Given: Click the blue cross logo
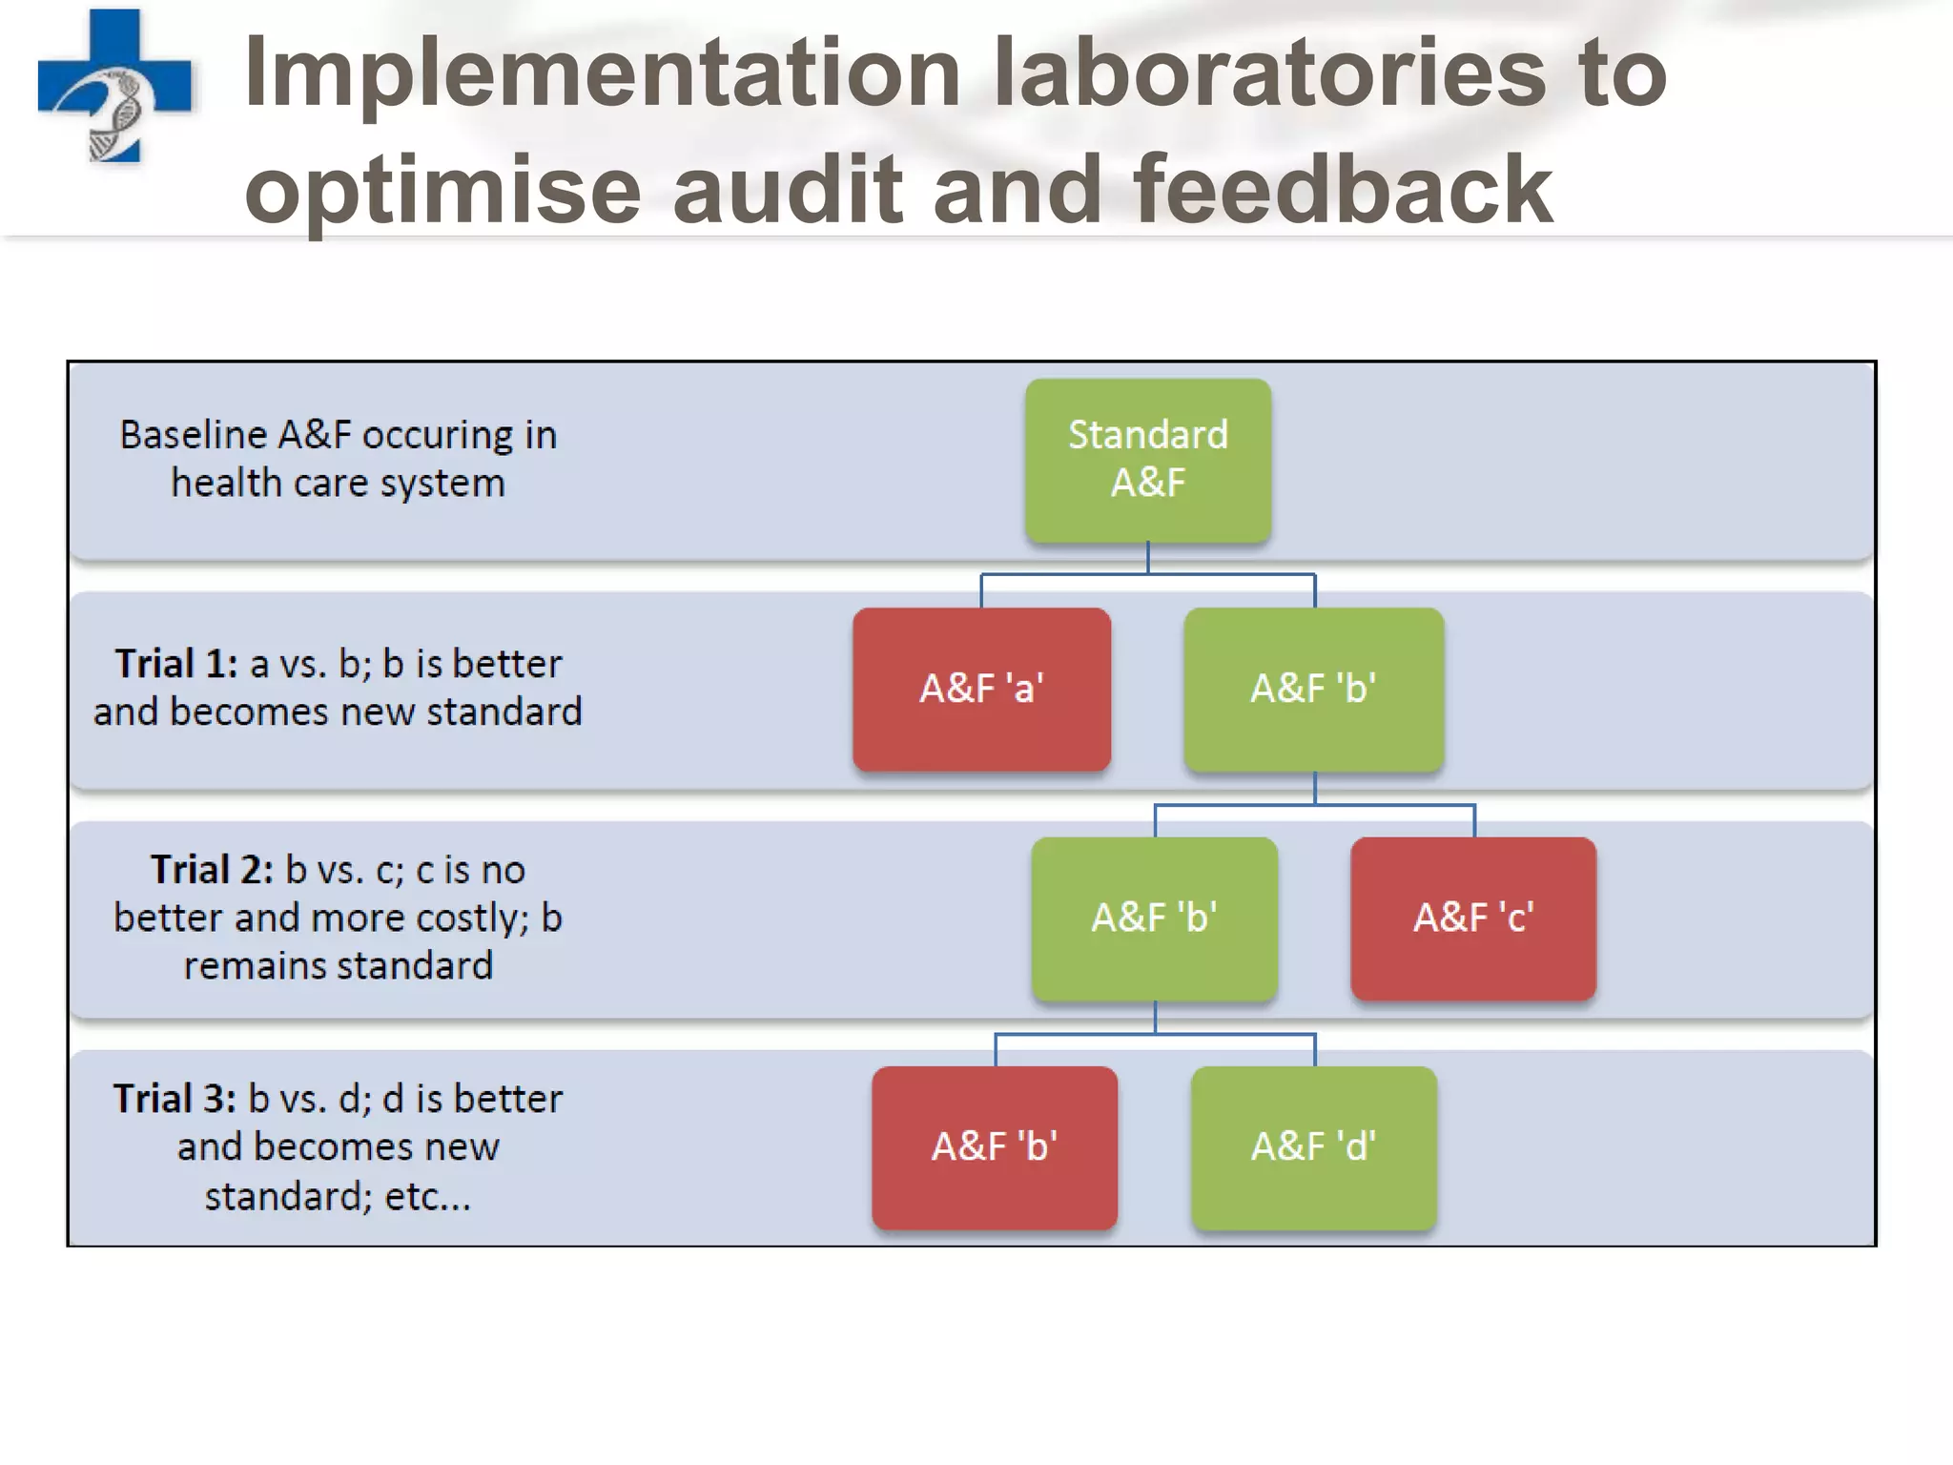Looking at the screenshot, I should pyautogui.click(x=114, y=86).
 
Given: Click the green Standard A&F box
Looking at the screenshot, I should pyautogui.click(x=1147, y=460).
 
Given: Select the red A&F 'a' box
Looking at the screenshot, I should pyautogui.click(x=981, y=689).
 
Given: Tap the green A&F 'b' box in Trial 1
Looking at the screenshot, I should pyautogui.click(x=1313, y=689).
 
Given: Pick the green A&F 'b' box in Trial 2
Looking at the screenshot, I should pyautogui.click(x=1154, y=918).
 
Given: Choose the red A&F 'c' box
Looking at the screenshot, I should pyautogui.click(x=1473, y=918).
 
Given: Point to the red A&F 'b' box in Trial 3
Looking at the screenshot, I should pyautogui.click(x=995, y=1146).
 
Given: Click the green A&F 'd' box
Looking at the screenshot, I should pyautogui.click(x=1313, y=1146).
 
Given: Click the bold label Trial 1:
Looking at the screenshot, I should pyautogui.click(x=176, y=664).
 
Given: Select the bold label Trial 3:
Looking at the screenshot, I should pyautogui.click(x=175, y=1099).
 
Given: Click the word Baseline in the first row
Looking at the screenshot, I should pyautogui.click(x=193, y=435).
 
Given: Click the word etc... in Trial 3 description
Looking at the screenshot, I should pyautogui.click(x=427, y=1196).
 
